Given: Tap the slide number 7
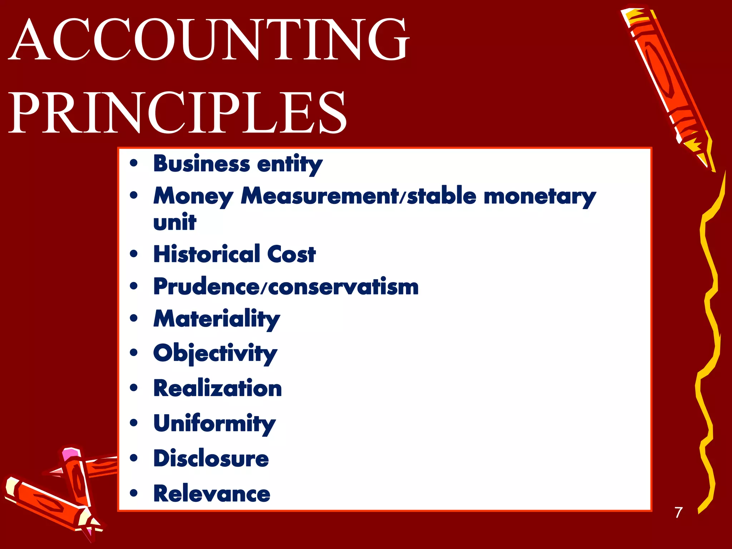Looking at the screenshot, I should [678, 512].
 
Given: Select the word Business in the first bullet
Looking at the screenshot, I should [202, 164].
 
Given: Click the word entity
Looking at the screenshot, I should [290, 164].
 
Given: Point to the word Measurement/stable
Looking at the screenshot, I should [358, 196].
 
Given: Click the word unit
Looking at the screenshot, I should [175, 222].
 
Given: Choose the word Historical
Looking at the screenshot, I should [207, 254].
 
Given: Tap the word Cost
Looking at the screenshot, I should [291, 254].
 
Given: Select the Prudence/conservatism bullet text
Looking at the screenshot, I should [286, 287].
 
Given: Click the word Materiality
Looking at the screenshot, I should [217, 319].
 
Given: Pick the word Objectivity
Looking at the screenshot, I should [215, 353].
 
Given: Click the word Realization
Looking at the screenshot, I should [218, 389].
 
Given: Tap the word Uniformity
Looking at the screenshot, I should [214, 424].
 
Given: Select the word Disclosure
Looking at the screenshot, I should [211, 459].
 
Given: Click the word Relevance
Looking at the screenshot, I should [212, 494].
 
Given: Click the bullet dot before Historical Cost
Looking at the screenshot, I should [134, 254].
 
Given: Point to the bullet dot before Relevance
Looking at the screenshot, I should [134, 494].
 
